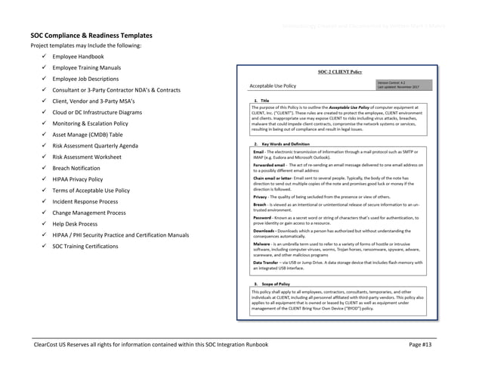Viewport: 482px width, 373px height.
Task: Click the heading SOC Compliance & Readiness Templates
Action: tap(91, 36)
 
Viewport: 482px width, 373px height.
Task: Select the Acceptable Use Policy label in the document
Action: tap(273, 85)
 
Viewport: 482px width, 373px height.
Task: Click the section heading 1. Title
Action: tap(267, 101)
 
